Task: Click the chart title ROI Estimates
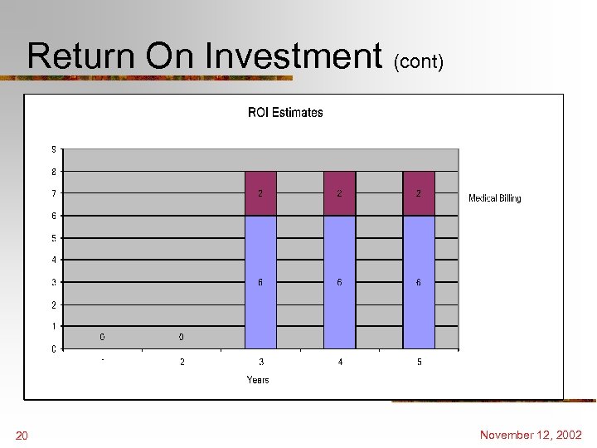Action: [285, 113]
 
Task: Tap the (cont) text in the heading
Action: [419, 61]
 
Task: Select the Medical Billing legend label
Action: [494, 198]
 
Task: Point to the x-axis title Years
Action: [258, 380]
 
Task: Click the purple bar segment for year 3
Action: [260, 193]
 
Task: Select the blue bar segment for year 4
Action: [339, 282]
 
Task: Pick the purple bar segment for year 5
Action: [419, 193]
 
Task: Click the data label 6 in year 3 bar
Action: [260, 282]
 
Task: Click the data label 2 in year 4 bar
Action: [339, 193]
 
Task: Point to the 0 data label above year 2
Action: [182, 337]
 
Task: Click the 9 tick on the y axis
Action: [54, 149]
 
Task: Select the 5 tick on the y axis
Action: [54, 238]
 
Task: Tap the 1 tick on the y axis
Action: [54, 327]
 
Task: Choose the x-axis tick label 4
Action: [340, 363]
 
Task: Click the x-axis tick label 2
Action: [182, 363]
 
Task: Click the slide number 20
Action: [22, 436]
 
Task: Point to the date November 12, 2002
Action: [531, 435]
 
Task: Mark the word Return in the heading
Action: [80, 56]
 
